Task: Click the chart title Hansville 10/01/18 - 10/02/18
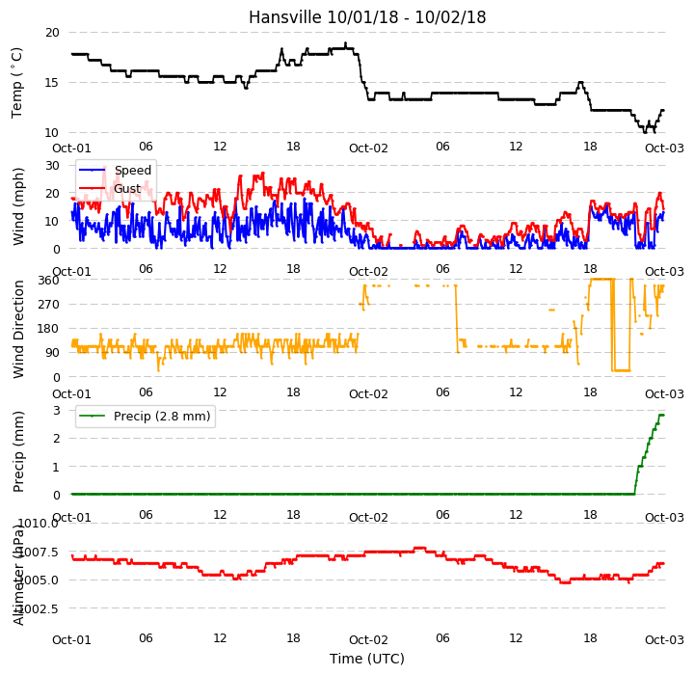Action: (367, 17)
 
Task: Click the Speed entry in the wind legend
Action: (133, 170)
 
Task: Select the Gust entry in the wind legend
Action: (127, 189)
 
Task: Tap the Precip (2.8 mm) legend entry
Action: (162, 417)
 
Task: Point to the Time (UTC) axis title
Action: (367, 659)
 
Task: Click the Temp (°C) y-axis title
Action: (16, 83)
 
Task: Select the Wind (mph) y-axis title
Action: (18, 207)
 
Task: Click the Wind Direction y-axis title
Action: (18, 329)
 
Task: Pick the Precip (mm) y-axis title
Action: (18, 452)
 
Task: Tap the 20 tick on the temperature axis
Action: (52, 33)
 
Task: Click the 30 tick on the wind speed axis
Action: (52, 166)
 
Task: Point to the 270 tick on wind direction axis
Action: (49, 305)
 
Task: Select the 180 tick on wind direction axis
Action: (49, 329)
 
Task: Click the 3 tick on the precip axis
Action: (57, 411)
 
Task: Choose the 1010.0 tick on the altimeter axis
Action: (40, 524)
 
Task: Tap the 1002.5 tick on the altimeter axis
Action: (40, 609)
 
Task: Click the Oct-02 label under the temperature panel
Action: (368, 148)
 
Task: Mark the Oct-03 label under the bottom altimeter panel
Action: (664, 639)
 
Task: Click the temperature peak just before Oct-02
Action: (346, 43)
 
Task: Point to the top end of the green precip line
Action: (663, 415)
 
